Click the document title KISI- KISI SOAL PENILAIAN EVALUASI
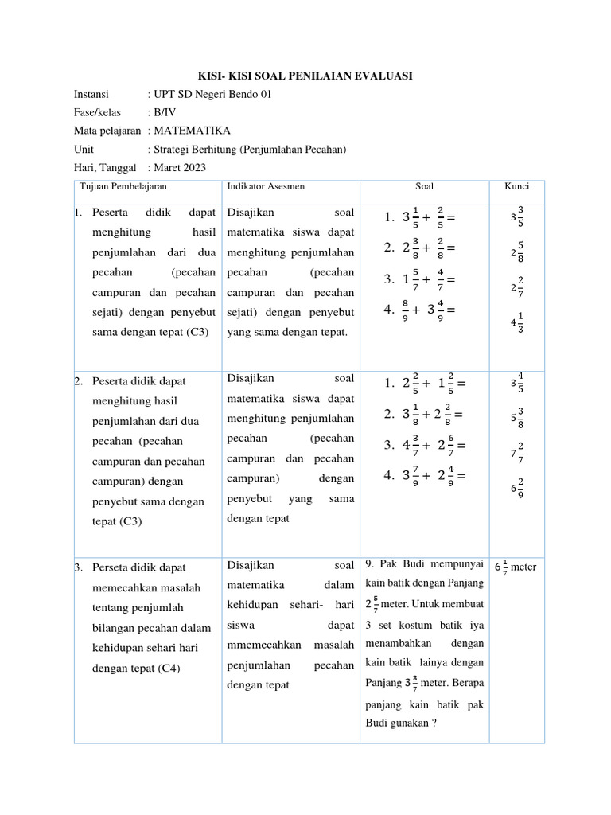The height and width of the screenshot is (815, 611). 305,76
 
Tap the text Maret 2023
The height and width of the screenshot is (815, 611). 179,167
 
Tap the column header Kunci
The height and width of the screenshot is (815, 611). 516,186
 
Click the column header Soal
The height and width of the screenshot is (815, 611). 424,186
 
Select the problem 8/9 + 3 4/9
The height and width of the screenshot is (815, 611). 422,310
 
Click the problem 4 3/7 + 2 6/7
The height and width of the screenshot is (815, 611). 422,445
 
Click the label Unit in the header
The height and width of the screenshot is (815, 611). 84,149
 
